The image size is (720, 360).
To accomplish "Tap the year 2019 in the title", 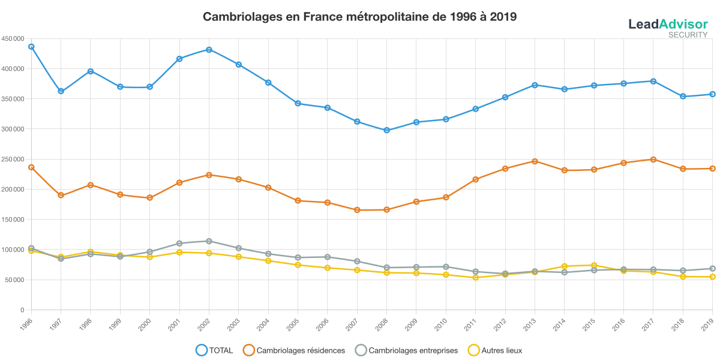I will tap(503, 17).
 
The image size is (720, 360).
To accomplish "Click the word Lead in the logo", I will tap(643, 24).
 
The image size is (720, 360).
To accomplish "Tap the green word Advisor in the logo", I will tap(683, 24).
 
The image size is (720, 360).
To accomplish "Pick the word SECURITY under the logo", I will tap(688, 35).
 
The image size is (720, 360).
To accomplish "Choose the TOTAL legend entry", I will tap(216, 350).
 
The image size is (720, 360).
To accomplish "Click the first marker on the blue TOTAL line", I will tap(31, 46).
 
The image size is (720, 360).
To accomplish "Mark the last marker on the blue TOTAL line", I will tap(712, 94).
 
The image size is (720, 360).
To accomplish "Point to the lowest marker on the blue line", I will tap(387, 130).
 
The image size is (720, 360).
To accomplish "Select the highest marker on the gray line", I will tap(209, 241).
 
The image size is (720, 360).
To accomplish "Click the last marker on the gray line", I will tap(712, 269).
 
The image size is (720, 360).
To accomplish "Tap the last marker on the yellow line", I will tap(712, 277).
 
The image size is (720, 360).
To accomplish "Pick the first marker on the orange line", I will tap(31, 167).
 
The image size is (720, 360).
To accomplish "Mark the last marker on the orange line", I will tap(712, 169).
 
